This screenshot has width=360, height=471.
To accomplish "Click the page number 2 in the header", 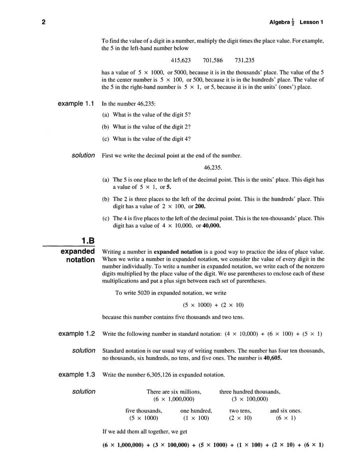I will pyautogui.click(x=44, y=22).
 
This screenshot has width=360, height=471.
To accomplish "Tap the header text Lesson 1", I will pyautogui.click(x=312, y=22).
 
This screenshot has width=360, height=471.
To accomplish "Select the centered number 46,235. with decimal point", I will pyautogui.click(x=213, y=167).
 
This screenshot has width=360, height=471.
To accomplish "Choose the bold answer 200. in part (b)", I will pyautogui.click(x=198, y=206).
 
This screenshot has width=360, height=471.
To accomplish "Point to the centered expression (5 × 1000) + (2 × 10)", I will pyautogui.click(x=213, y=305).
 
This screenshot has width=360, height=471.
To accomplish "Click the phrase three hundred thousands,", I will pyautogui.click(x=250, y=392).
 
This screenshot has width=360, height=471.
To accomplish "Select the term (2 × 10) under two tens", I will pyautogui.click(x=241, y=418).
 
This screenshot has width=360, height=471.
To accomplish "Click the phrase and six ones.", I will pyautogui.click(x=286, y=411).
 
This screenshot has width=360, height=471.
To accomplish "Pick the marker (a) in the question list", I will pyautogui.click(x=106, y=114).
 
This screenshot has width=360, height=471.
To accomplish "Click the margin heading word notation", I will pyautogui.click(x=80, y=260).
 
